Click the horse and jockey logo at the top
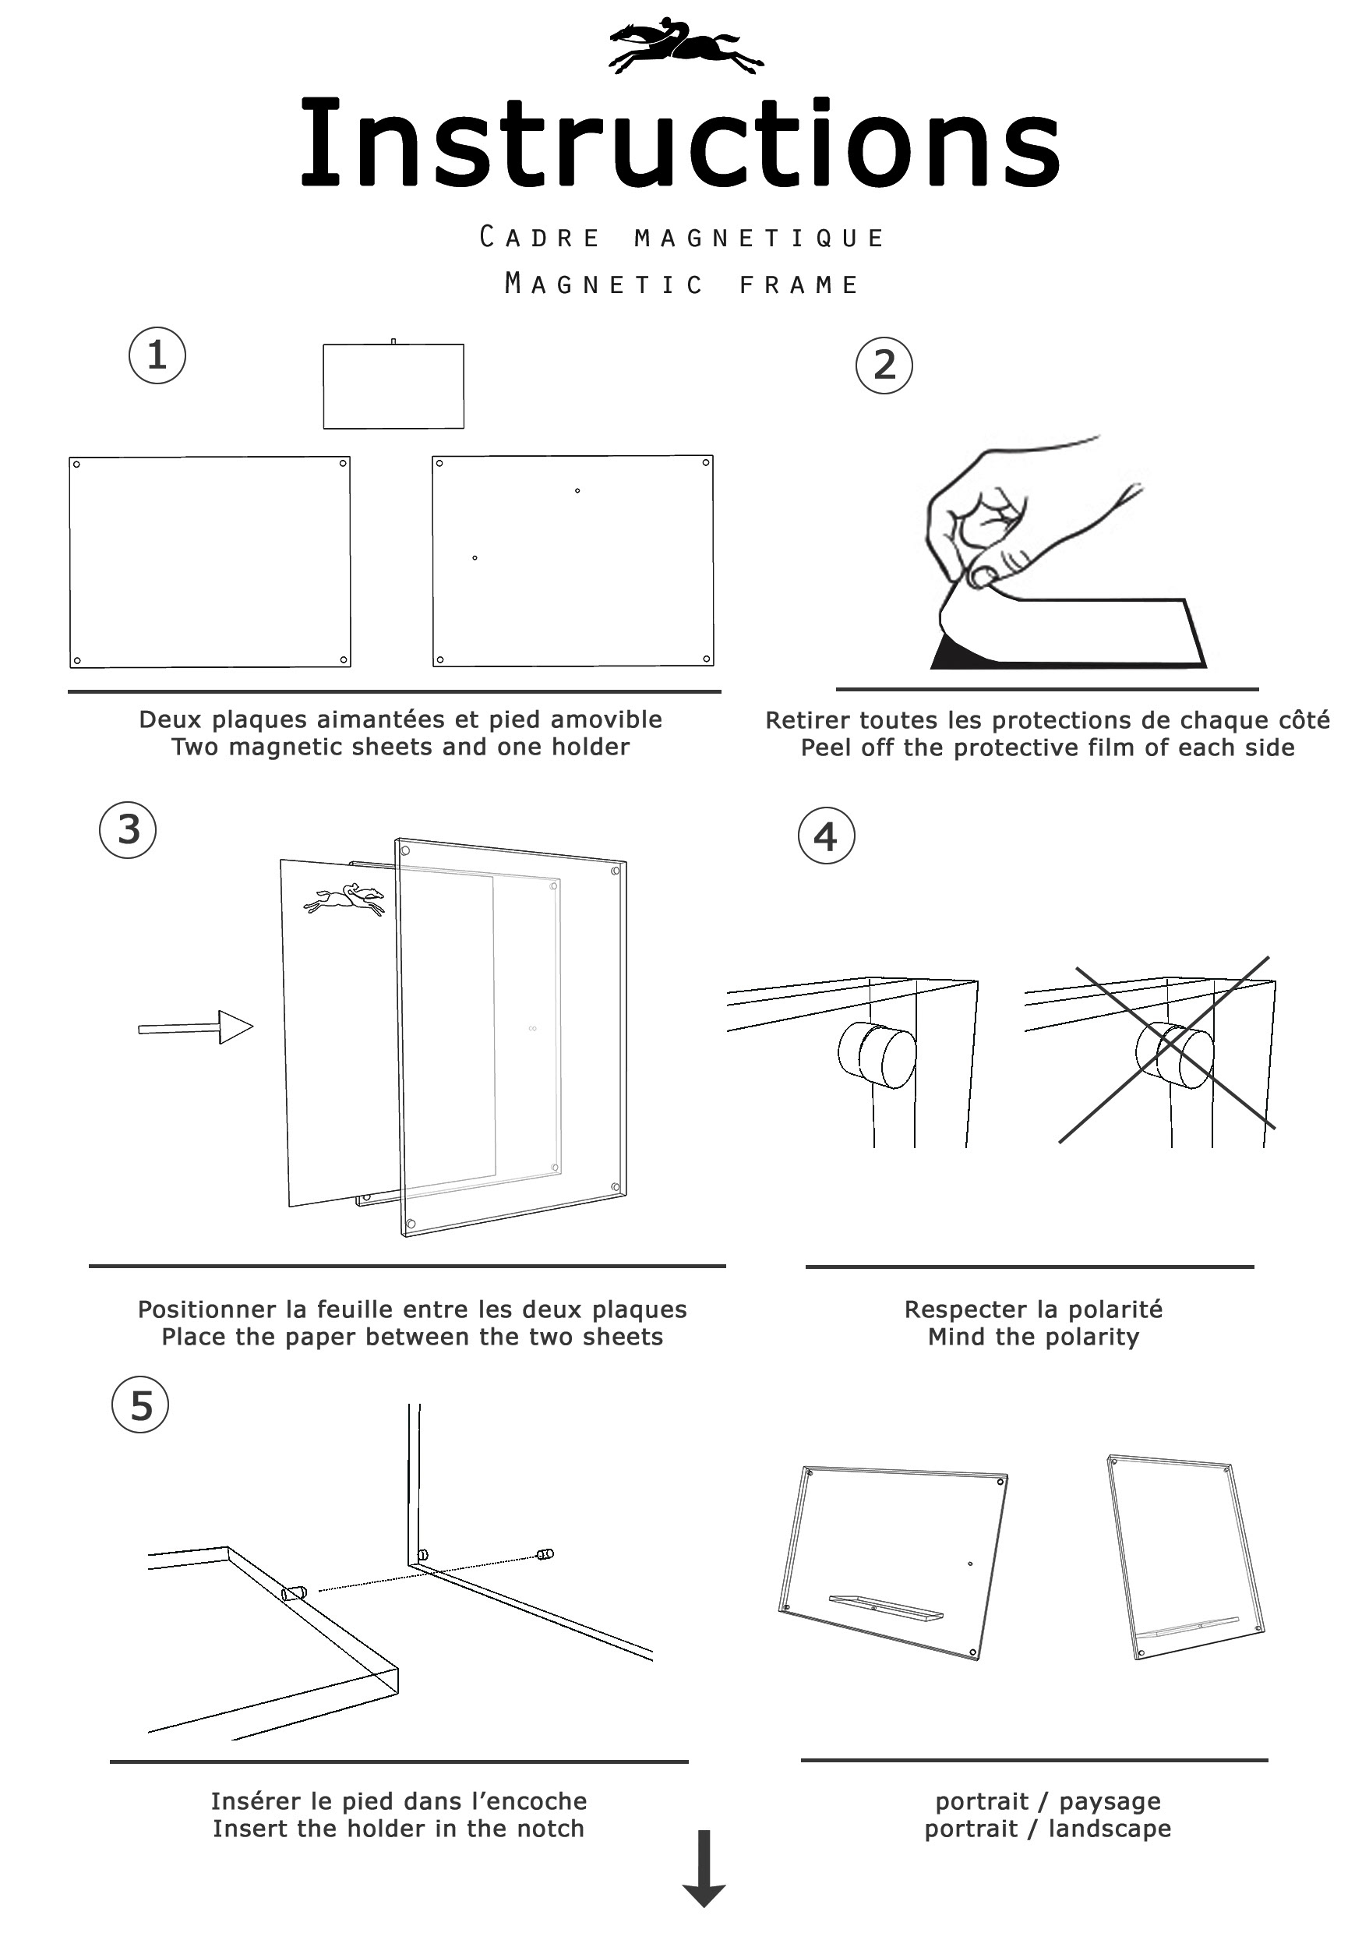pyautogui.click(x=686, y=44)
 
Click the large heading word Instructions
pyautogui.click(x=680, y=143)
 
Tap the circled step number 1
pyautogui.click(x=157, y=355)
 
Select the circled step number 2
pyautogui.click(x=884, y=366)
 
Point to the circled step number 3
pyautogui.click(x=128, y=829)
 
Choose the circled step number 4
pyautogui.click(x=826, y=836)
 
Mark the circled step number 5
pyautogui.click(x=139, y=1405)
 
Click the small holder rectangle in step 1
pyautogui.click(x=393, y=386)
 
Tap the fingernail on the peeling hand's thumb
pyautogui.click(x=983, y=578)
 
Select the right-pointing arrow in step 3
pyautogui.click(x=196, y=1027)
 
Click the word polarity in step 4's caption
pyautogui.click(x=1091, y=1337)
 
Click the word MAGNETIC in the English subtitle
pyautogui.click(x=604, y=284)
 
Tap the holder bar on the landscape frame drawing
pyautogui.click(x=887, y=1606)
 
